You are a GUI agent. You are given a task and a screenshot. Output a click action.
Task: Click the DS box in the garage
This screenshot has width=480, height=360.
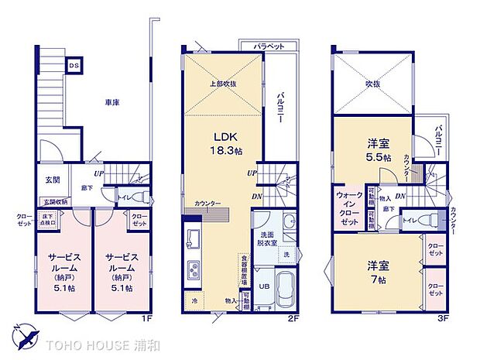tap(74, 66)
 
